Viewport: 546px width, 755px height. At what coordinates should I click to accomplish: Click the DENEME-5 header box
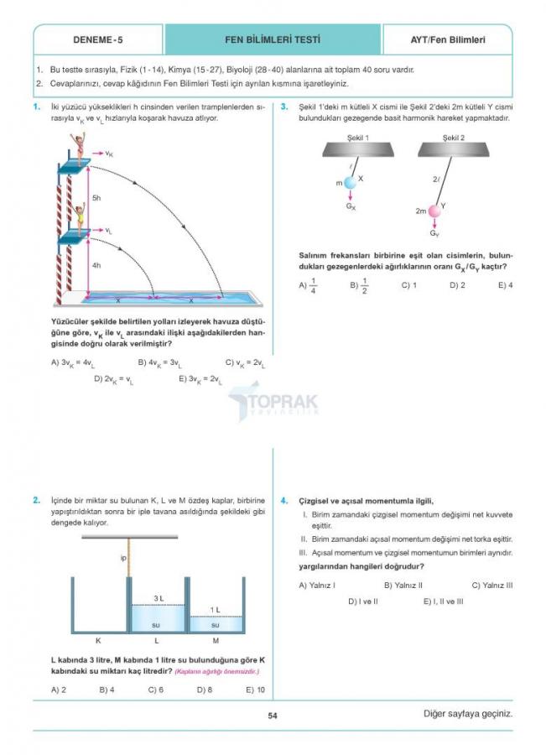97,39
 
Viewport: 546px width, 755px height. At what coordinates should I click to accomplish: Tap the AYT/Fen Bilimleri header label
448,39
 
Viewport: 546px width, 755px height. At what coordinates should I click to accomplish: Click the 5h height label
96,197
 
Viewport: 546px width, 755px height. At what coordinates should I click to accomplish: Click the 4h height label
96,265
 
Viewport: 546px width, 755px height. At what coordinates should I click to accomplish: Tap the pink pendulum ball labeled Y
434,211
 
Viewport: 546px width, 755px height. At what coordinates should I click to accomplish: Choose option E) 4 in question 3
505,285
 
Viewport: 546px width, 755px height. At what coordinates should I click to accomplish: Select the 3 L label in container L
158,598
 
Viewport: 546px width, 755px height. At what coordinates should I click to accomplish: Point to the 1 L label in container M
215,610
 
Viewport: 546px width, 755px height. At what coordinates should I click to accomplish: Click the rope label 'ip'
123,558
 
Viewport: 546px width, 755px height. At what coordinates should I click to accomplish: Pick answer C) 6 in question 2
156,690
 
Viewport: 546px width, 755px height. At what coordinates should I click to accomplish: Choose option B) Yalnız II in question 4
403,585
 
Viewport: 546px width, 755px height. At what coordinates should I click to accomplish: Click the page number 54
273,716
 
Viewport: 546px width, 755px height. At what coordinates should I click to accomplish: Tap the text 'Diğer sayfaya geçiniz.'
467,715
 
